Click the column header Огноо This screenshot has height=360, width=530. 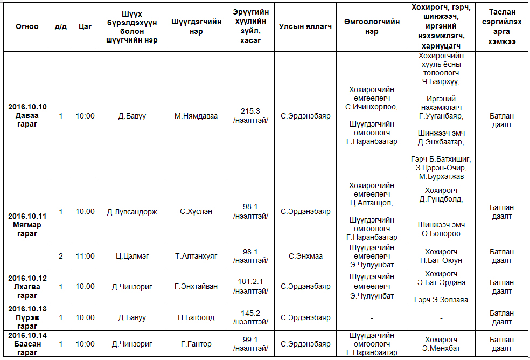(x=27, y=26)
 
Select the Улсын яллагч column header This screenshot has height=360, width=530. (x=305, y=26)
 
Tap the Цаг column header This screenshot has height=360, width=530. (x=85, y=26)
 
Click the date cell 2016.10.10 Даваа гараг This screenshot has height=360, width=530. (x=27, y=115)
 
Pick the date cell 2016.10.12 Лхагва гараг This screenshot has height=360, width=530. (x=27, y=286)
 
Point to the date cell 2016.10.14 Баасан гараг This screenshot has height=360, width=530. (x=27, y=344)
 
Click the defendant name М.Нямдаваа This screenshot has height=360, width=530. (x=196, y=116)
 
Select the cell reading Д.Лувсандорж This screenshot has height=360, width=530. (x=132, y=212)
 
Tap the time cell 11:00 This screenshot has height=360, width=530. (x=85, y=256)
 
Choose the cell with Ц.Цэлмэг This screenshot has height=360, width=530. (x=132, y=256)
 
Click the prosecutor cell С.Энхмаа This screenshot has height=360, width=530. (x=305, y=256)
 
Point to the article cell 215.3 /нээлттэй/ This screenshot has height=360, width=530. (x=250, y=115)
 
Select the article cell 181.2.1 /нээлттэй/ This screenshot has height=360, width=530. (x=250, y=286)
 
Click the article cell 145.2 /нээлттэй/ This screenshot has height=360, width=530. (x=250, y=317)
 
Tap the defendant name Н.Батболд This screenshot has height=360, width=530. (x=196, y=317)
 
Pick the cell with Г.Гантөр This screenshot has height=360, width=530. (x=196, y=344)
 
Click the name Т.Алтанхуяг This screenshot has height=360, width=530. (x=196, y=256)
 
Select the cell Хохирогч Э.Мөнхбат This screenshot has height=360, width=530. (x=441, y=344)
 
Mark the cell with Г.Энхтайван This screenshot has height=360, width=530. (x=196, y=286)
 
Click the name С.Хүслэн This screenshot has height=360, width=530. (x=196, y=212)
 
